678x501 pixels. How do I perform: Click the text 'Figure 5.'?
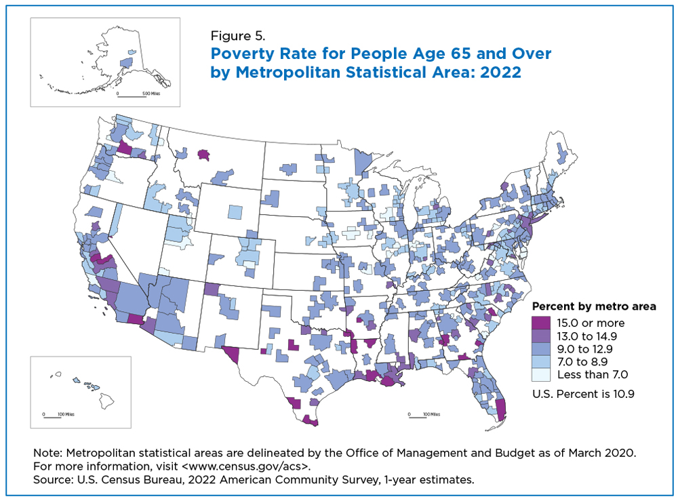237,35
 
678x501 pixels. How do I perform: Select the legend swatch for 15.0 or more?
541,323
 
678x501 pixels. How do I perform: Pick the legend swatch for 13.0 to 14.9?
541,336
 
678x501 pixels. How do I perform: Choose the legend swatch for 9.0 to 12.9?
541,349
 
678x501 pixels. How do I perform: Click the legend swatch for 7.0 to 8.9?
541,362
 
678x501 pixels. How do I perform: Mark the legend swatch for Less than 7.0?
541,375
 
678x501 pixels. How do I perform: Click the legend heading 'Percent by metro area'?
594,306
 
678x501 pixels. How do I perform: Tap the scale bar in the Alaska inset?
132,96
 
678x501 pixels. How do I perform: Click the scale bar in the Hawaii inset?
52,417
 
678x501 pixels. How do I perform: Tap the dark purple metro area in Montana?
203,155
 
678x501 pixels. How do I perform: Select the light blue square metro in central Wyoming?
235,212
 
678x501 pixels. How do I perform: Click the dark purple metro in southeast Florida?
500,409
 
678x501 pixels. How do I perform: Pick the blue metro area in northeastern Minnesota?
362,163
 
